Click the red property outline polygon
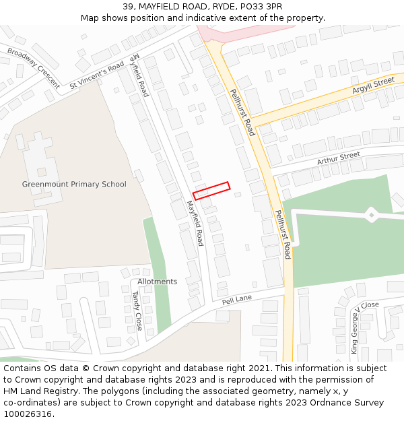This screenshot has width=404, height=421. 211,191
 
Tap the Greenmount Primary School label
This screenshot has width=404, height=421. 74,184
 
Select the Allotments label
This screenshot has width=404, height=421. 157,282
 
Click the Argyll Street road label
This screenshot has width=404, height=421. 373,86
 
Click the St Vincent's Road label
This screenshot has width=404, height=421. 97,75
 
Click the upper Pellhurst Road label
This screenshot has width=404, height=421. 242,112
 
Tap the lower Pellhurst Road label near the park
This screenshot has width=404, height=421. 283,234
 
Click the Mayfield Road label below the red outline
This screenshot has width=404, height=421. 195,223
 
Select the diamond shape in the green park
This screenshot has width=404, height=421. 371,215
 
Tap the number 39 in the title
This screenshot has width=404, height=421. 128,7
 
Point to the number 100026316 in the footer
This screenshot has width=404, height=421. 28,414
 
